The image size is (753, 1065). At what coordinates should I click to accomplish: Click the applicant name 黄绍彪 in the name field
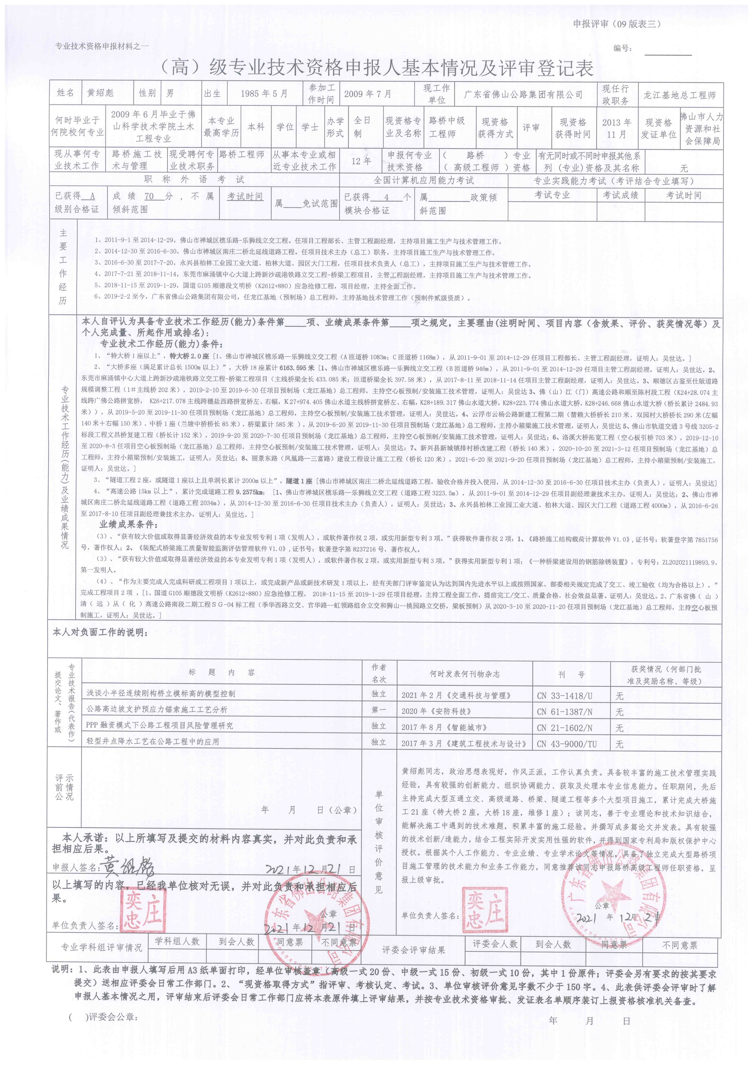100,93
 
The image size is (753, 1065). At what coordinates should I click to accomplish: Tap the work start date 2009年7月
367,94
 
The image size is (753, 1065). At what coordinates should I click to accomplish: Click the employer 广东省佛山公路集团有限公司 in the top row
523,94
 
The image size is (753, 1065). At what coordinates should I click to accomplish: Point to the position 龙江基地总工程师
679,95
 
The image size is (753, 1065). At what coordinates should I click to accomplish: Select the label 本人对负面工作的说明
100,632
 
